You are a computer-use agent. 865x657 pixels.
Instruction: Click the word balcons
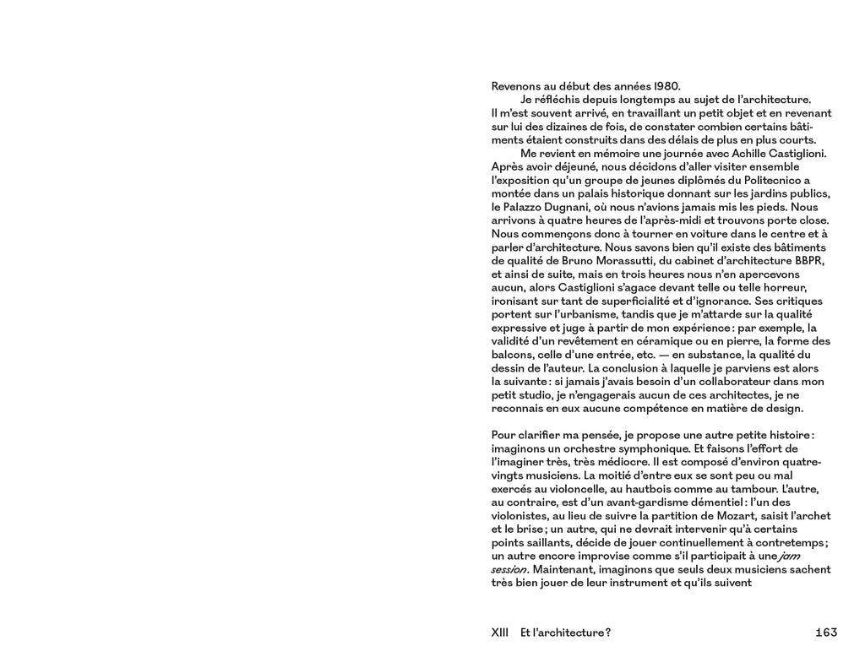514,355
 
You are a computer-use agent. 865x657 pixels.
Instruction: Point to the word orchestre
596,448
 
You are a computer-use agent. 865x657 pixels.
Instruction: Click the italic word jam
786,556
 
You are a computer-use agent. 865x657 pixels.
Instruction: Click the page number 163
826,633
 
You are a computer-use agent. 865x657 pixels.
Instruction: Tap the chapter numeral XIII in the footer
500,633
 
